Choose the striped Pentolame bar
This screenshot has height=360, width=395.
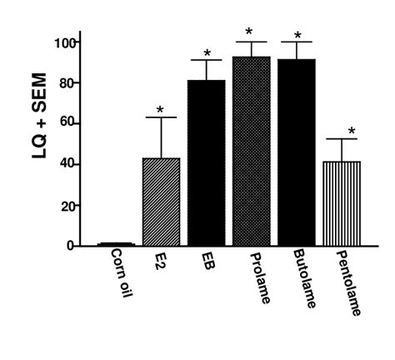point(341,204)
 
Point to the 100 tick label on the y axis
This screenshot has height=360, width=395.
point(65,42)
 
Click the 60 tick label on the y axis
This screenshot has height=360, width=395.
point(68,123)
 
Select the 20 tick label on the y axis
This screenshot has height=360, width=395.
point(68,205)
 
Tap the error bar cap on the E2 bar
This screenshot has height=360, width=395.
point(160,117)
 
